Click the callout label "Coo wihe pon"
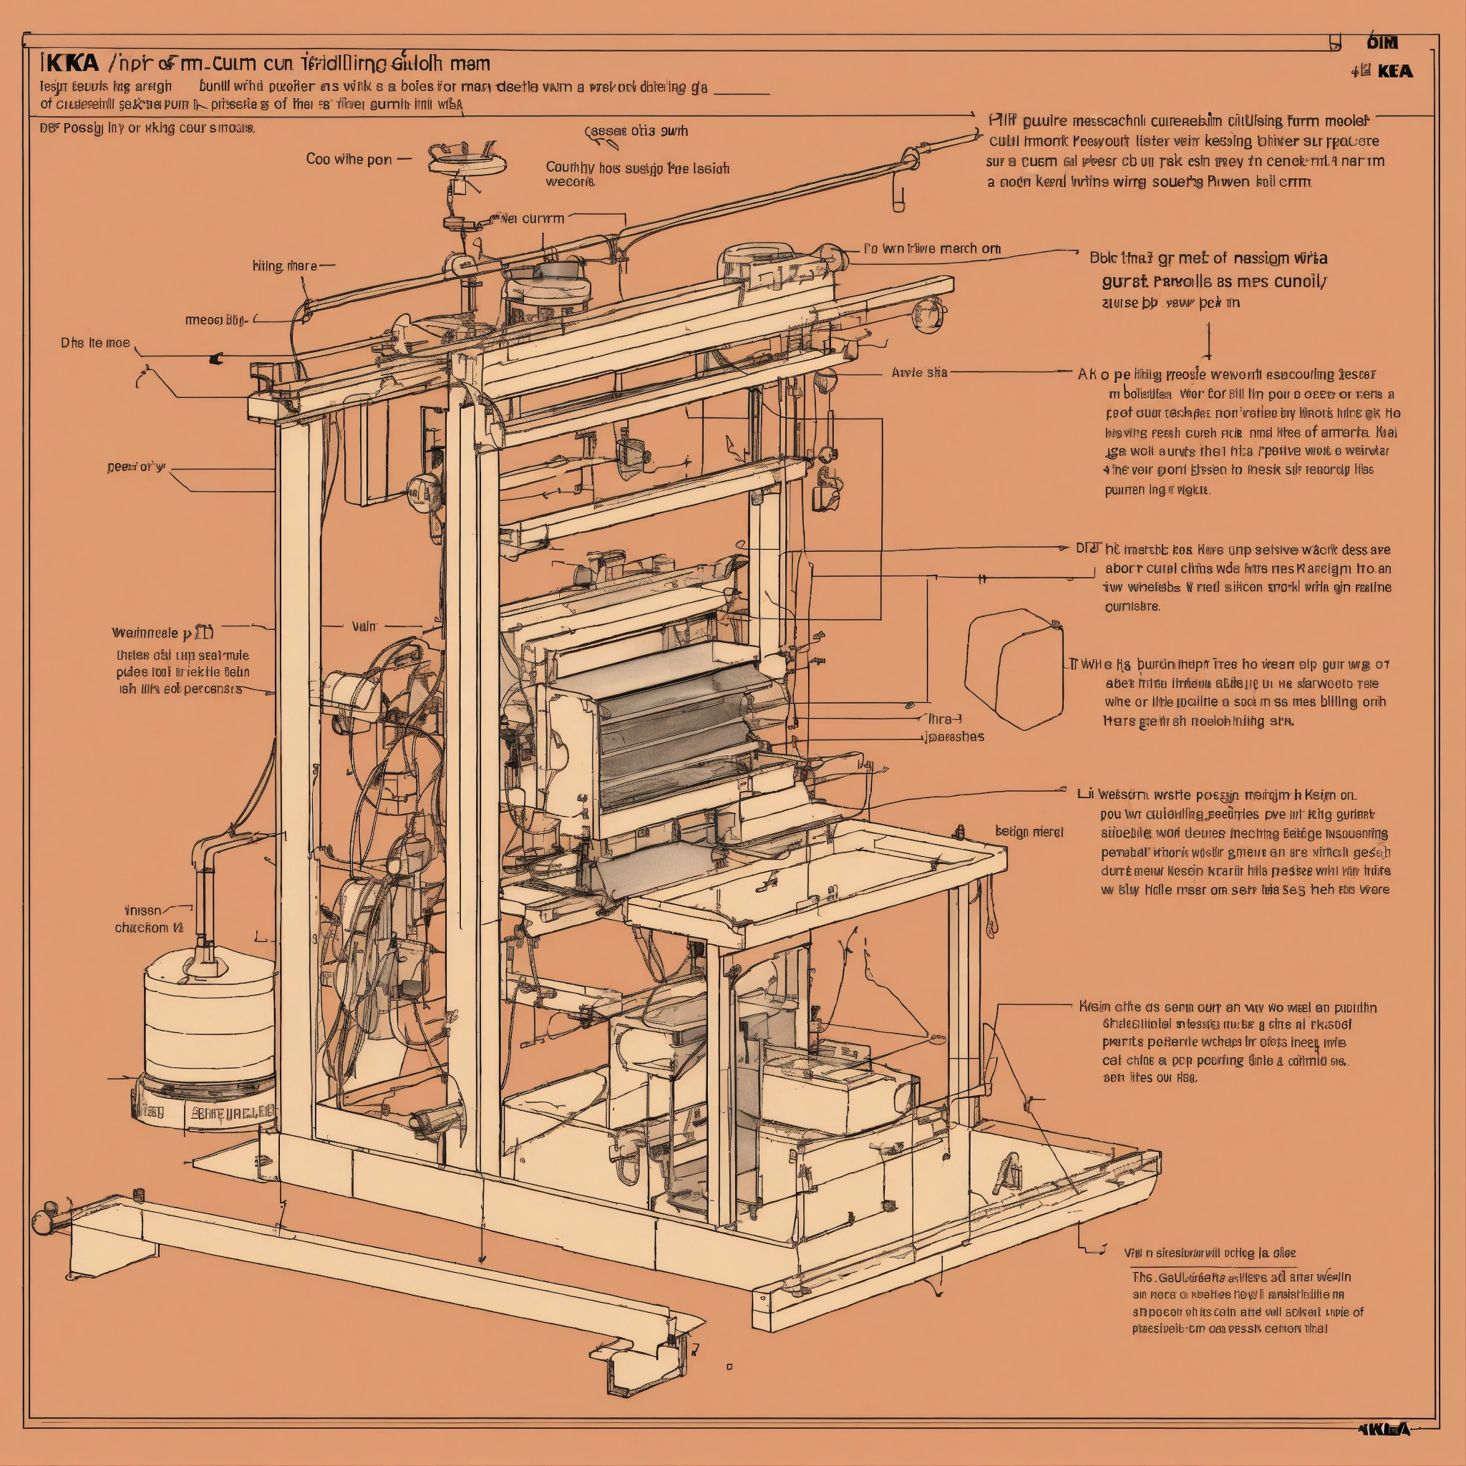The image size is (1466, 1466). click(349, 160)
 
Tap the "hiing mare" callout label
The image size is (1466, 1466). click(285, 266)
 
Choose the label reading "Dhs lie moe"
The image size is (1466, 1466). click(95, 343)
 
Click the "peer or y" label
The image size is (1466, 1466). click(136, 467)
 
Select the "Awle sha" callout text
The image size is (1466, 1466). click(920, 372)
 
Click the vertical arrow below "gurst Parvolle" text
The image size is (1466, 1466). click(1208, 341)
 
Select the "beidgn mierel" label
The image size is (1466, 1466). click(1029, 832)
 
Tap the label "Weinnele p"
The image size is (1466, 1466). click(162, 632)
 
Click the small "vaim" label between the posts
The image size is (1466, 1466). click(364, 626)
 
